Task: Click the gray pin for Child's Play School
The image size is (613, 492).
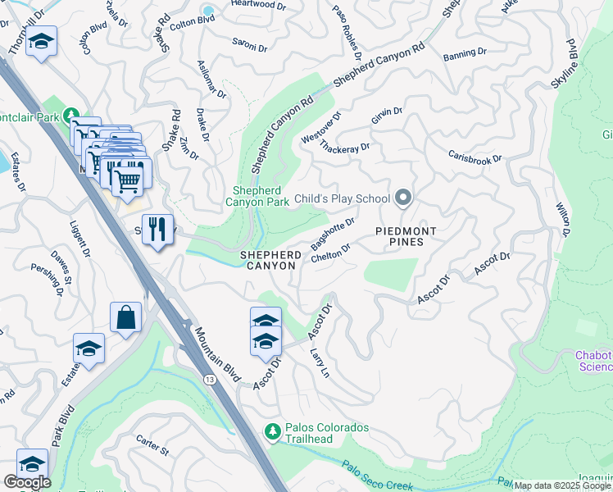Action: click(x=402, y=198)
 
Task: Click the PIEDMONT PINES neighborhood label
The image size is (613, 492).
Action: click(x=400, y=236)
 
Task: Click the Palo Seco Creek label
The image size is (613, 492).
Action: click(x=378, y=478)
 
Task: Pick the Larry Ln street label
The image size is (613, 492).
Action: click(x=320, y=362)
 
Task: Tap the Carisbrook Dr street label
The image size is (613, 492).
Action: click(x=475, y=157)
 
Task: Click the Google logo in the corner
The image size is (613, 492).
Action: click(x=27, y=482)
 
